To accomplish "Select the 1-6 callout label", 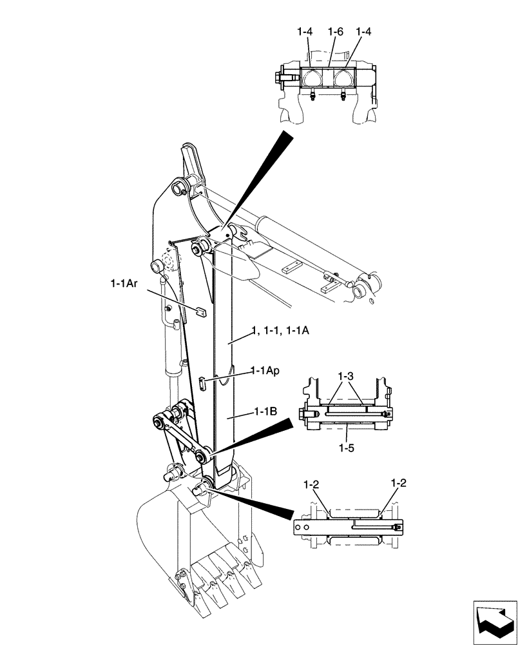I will (x=334, y=31).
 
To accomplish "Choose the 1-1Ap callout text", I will (x=265, y=372).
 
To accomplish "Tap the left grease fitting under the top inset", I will (x=311, y=97).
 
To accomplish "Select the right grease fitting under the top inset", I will (x=342, y=97).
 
